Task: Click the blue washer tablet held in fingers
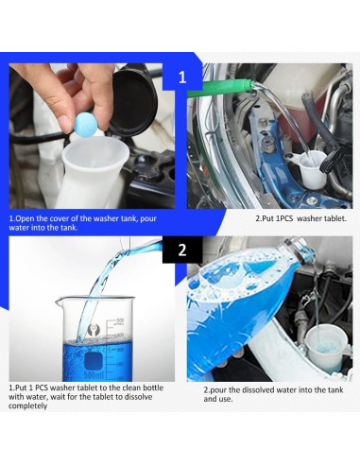tap(85, 126)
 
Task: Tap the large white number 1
tap(182, 77)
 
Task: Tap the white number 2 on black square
tap(182, 250)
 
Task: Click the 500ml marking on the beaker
tap(94, 375)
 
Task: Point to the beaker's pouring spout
tap(60, 301)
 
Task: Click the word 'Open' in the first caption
tap(25, 218)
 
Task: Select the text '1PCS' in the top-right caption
tap(285, 218)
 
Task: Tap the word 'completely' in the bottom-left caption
tap(27, 406)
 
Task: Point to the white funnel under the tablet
tap(94, 172)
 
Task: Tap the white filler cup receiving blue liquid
tap(326, 349)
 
